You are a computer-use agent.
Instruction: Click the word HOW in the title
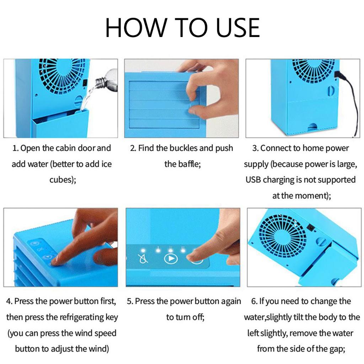(135, 27)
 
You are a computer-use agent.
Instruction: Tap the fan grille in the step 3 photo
(313, 73)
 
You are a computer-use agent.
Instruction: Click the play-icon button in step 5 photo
(171, 258)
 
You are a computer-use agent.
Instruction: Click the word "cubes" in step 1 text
(60, 180)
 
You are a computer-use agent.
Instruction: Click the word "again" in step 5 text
(231, 301)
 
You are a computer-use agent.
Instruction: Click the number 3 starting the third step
(255, 148)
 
